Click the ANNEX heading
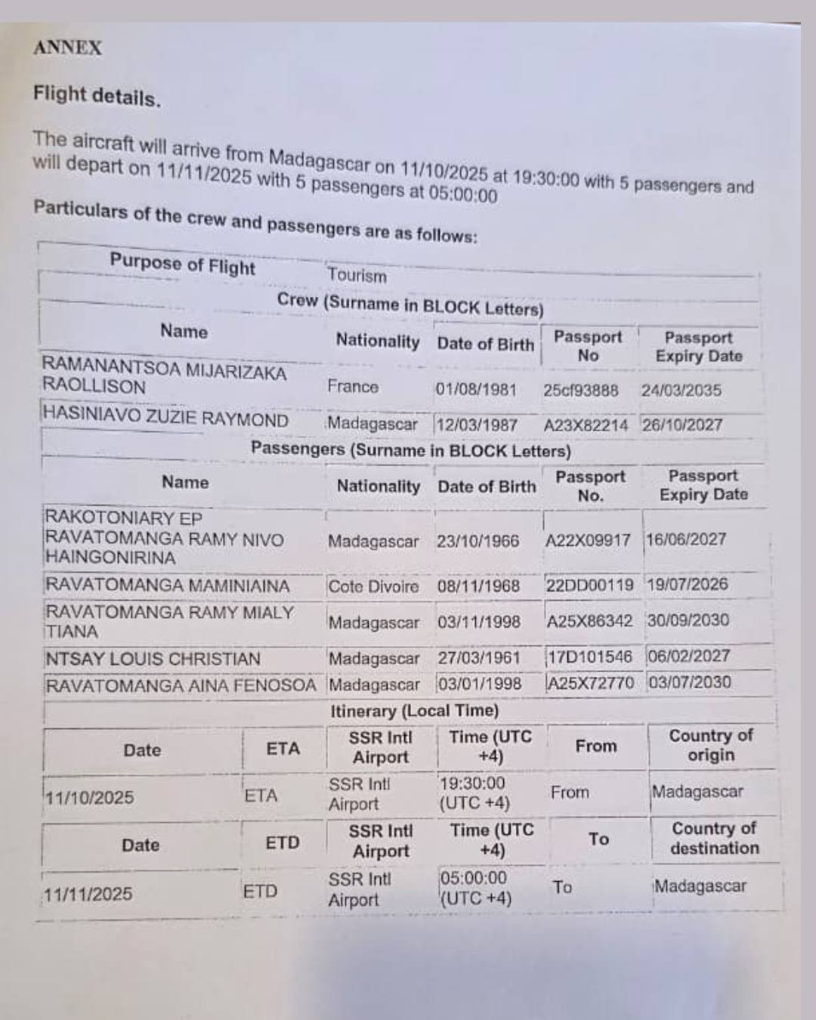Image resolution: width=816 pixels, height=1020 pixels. point(67,48)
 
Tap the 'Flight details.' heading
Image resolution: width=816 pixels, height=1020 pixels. point(97,96)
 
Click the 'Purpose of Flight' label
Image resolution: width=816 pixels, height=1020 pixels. point(182,264)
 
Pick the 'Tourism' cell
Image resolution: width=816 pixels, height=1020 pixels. point(357,276)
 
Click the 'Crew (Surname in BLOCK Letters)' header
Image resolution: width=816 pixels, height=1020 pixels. point(410,304)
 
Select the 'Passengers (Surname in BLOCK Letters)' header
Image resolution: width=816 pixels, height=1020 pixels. point(410,450)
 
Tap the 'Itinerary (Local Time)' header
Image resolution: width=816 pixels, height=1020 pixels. point(414,711)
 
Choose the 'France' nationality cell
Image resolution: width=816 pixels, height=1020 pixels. point(353,387)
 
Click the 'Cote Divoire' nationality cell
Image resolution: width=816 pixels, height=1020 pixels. point(373,586)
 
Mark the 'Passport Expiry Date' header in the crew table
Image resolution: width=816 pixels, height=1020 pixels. point(698,347)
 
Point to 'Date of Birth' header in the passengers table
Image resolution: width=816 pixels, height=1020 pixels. point(487,487)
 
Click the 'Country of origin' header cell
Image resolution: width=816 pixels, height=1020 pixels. point(711,745)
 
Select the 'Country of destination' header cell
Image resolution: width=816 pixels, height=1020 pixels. point(714,838)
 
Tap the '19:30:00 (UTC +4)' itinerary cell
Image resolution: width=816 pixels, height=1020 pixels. point(474,793)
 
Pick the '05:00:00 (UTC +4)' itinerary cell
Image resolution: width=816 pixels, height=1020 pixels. point(474,888)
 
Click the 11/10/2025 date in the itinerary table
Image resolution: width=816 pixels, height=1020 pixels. point(89,798)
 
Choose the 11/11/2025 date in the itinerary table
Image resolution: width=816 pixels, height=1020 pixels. point(88,895)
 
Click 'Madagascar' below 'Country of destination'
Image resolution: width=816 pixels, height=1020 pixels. point(700,886)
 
